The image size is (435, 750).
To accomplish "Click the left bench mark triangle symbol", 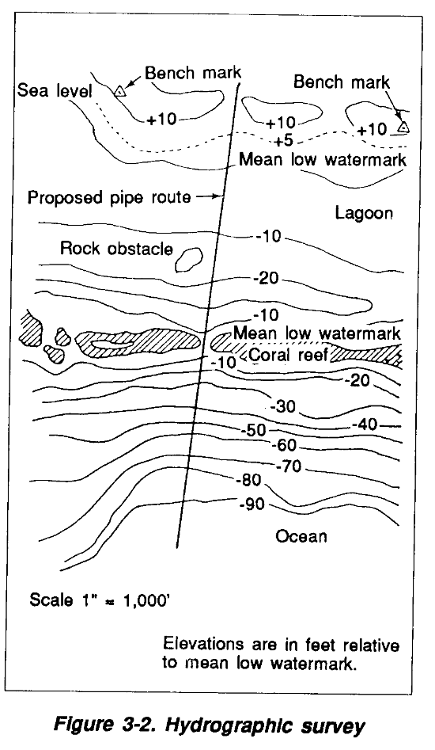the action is click(x=119, y=90).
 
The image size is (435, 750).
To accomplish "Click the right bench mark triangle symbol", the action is click(x=404, y=128).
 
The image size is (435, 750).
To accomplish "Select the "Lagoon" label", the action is click(x=364, y=213).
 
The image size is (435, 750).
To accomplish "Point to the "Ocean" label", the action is click(x=301, y=535).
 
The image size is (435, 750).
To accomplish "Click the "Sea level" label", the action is click(x=55, y=90).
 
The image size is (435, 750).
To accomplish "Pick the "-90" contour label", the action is click(x=252, y=504).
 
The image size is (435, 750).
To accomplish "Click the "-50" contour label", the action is click(x=253, y=431).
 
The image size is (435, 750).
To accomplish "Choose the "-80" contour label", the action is click(x=249, y=480).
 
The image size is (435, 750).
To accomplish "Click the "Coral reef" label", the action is click(x=288, y=355).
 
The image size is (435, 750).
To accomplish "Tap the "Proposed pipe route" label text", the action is click(x=109, y=197).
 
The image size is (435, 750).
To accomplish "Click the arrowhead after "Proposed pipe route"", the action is click(x=217, y=196).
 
